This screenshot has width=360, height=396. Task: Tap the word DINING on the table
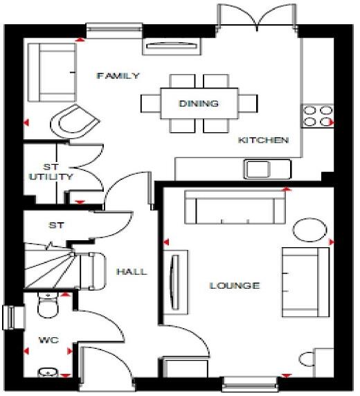pos(199,104)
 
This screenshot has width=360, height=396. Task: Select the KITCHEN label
pos(262,140)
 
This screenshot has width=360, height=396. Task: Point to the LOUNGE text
pos(235,285)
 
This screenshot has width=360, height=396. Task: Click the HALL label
pos(131,271)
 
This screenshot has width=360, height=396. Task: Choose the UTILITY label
pos(51,177)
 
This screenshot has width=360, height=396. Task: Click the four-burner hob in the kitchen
pos(317,115)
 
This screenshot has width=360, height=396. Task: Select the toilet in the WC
pos(47,305)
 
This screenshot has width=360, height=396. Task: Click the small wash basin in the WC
pos(47,373)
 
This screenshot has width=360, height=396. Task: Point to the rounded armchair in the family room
pos(71,123)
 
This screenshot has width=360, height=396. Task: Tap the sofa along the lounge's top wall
pos(234,207)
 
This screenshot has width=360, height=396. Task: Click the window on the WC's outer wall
pos(9,318)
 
